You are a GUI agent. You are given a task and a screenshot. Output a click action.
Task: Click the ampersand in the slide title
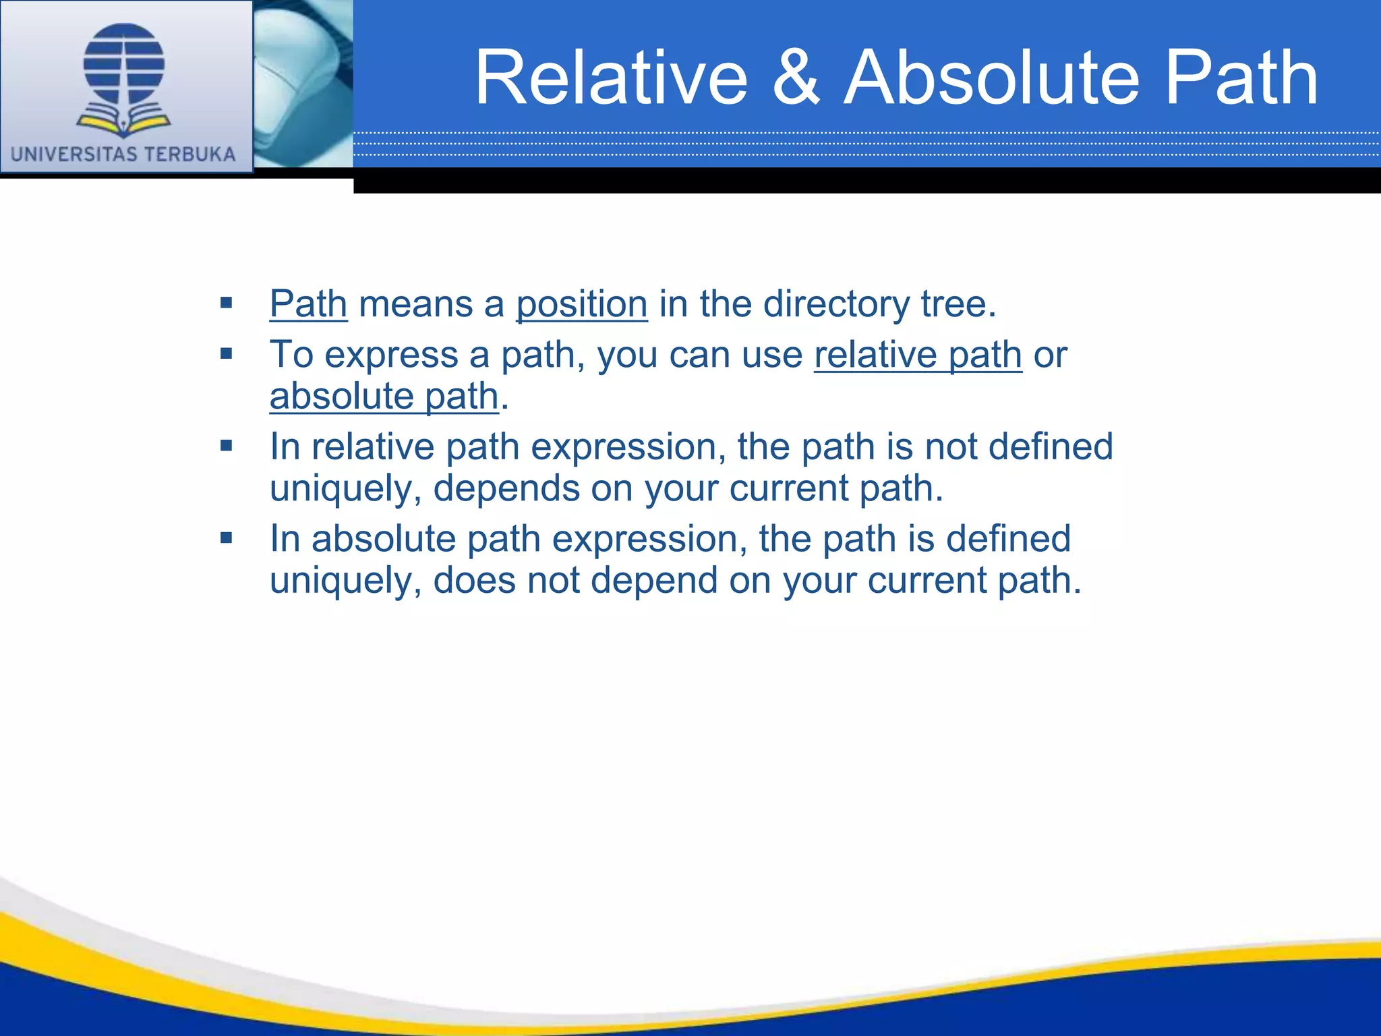796,78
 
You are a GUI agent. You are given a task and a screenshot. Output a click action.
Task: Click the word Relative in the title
611,78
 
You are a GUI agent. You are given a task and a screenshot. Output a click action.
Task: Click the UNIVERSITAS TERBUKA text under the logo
123,154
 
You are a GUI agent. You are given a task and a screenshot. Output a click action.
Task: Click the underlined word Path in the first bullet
308,304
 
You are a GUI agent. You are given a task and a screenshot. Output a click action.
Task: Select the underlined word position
581,304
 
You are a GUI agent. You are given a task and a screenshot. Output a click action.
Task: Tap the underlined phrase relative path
918,355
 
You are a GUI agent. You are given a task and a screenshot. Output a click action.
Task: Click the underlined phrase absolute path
384,396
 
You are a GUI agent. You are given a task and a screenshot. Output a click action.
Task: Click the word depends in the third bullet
506,488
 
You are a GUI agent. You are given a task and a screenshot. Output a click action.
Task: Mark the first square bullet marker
226,303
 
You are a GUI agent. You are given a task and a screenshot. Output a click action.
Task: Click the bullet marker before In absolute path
226,538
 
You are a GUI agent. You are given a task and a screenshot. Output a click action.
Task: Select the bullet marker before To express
226,353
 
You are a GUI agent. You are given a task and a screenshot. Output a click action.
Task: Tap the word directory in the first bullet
836,304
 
